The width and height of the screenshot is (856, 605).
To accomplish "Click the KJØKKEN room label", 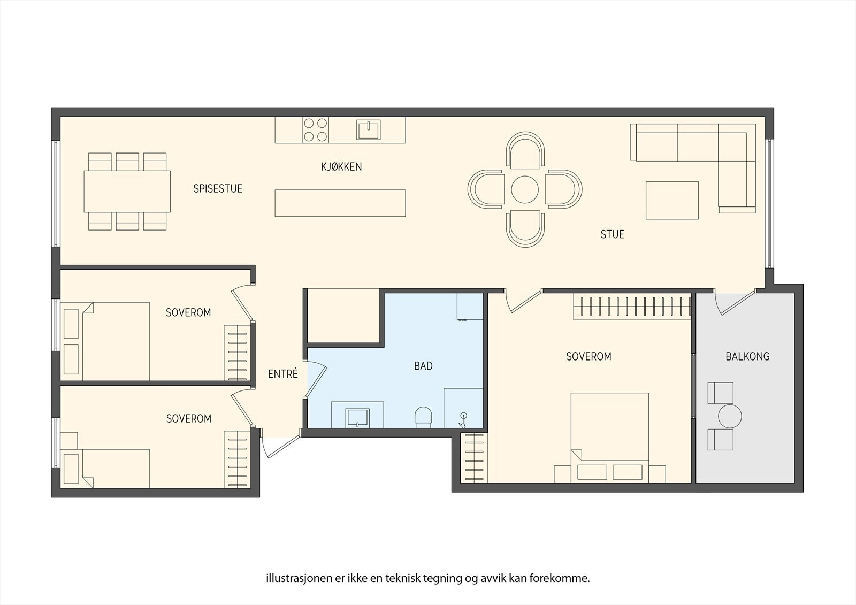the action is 341,167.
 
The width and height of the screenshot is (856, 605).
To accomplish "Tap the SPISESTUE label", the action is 218,188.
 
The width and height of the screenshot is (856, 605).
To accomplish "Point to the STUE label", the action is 612,234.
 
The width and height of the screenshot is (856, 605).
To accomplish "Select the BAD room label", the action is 423,366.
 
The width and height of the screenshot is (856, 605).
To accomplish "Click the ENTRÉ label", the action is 283,373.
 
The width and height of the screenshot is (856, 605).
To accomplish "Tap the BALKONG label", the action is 747,357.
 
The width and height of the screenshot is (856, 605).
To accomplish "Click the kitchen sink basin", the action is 369,130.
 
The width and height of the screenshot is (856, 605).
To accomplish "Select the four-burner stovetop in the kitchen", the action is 315,130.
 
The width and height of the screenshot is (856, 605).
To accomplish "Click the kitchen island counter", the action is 340,203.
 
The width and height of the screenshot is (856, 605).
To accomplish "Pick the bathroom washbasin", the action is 357,418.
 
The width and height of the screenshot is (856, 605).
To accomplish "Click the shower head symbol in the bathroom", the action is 463,419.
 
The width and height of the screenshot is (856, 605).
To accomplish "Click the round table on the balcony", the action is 730,416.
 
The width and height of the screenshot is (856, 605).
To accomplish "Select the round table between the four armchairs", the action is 525,189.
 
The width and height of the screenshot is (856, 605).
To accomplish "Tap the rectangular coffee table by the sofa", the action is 672,200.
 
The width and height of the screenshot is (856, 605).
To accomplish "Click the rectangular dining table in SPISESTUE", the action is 127,191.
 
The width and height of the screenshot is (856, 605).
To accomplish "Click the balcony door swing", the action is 736,304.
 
